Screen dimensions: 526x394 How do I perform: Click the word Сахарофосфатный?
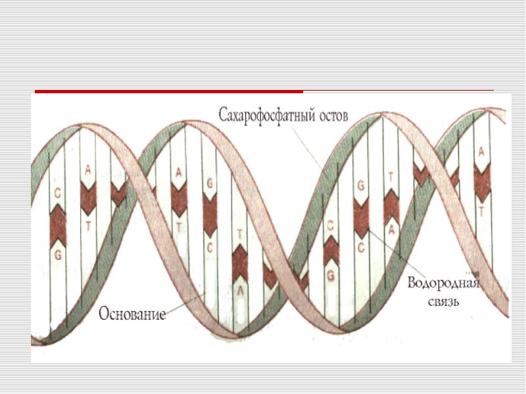pyautogui.click(x=267, y=116)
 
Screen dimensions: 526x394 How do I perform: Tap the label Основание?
pyautogui.click(x=132, y=314)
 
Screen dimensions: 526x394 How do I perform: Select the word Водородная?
pyautogui.click(x=443, y=283)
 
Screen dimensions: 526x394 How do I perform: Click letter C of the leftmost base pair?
pyautogui.click(x=58, y=193)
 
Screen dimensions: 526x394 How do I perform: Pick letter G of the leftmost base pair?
pyautogui.click(x=58, y=255)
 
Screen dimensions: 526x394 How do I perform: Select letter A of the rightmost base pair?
pyautogui.click(x=481, y=152)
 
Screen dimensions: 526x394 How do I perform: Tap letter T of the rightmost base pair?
pyautogui.click(x=481, y=211)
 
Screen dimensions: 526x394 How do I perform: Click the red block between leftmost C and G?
pyautogui.click(x=58, y=227)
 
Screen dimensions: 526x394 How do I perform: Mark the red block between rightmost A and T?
pyautogui.click(x=482, y=183)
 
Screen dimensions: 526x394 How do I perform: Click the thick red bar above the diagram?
pyautogui.click(x=169, y=91)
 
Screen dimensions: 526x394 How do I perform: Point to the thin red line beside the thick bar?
pyautogui.click(x=398, y=90)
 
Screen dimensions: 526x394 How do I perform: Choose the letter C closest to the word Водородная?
pyautogui.click(x=361, y=248)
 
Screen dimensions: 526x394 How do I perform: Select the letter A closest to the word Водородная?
pyautogui.click(x=391, y=230)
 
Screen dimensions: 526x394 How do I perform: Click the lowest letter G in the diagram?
pyautogui.click(x=331, y=275)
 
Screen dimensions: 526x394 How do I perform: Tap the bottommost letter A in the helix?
pyautogui.click(x=240, y=291)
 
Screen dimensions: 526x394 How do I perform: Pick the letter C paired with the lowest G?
pyautogui.click(x=331, y=227)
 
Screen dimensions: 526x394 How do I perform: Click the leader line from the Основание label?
pyautogui.click(x=185, y=303)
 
